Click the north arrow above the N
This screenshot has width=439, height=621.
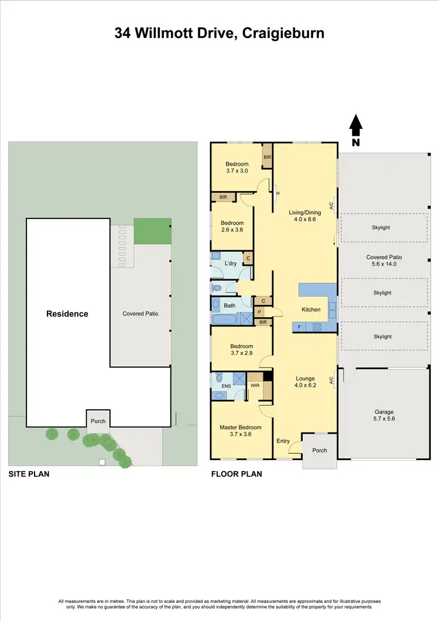coord(356,123)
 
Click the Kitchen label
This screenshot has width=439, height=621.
coord(311,309)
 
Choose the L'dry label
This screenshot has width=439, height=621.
coord(230,264)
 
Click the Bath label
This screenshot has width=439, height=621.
coord(229,306)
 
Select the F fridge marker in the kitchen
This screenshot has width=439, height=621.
coord(299,327)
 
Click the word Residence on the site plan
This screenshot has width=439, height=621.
coord(67,314)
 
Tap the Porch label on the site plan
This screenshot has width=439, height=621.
coord(98,421)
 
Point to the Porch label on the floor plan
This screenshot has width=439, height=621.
coord(320,450)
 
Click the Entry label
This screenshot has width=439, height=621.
coord(283,441)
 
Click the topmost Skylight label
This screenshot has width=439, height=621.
coord(380,228)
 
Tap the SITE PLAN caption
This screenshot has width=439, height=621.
coord(29,474)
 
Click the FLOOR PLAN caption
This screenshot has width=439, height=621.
coord(236,474)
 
